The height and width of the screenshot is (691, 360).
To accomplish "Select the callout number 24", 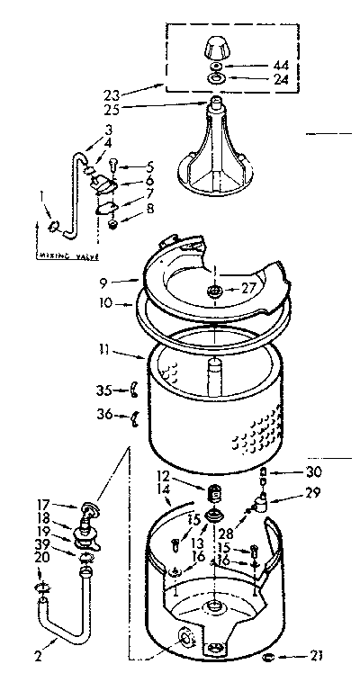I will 256,79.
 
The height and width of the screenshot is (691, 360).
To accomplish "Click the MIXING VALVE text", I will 64,255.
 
